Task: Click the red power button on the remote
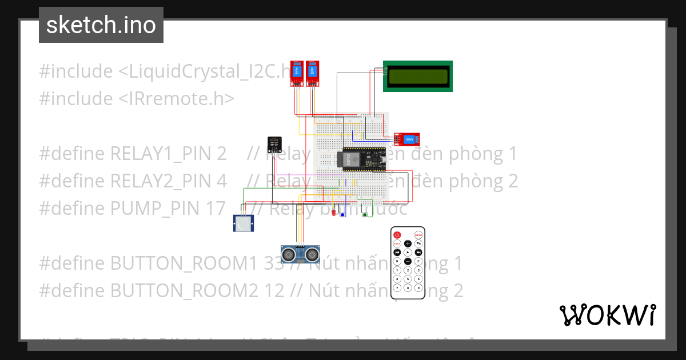tap(397, 235)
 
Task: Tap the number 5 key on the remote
tap(408, 279)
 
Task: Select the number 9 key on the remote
tap(418, 289)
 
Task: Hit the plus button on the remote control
tap(408, 243)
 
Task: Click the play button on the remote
tap(408, 252)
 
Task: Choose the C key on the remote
tap(418, 261)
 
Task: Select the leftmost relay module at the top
tap(296, 73)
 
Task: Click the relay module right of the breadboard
tap(407, 139)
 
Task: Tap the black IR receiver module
tap(274, 144)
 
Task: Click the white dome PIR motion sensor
tap(244, 223)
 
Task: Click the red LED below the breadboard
tap(334, 213)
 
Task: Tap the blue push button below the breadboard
tap(343, 214)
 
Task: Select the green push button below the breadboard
tap(365, 214)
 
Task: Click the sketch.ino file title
tap(101, 25)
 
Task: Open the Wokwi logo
tap(607, 315)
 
